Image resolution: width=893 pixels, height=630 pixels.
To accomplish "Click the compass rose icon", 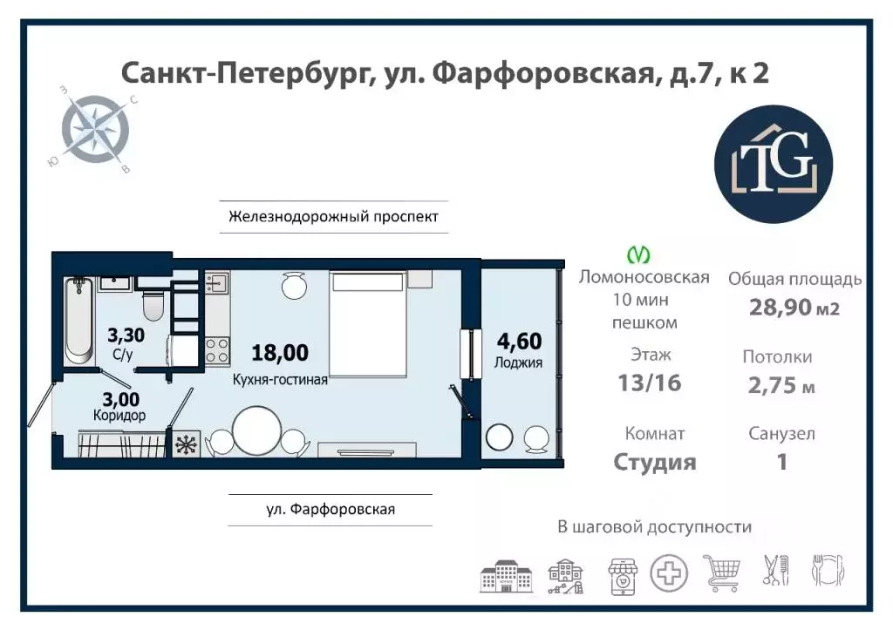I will click(x=94, y=132).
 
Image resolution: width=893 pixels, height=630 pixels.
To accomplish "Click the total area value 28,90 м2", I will click(x=794, y=307).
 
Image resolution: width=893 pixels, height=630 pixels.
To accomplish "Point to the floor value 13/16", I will click(x=650, y=383).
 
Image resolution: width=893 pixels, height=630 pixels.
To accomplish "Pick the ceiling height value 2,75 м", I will click(x=781, y=385).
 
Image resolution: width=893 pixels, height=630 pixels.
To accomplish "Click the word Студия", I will click(x=654, y=461).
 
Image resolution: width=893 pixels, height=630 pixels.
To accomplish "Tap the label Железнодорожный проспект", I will click(x=333, y=216).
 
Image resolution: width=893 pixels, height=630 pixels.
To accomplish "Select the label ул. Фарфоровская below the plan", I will click(x=331, y=509).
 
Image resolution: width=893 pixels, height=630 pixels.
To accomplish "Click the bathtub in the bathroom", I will click(x=78, y=320).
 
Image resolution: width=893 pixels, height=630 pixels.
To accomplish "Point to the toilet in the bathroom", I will click(x=153, y=305).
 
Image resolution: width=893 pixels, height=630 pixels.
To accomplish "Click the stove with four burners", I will click(x=216, y=350).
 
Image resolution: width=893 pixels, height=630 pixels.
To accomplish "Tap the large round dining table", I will click(x=256, y=430).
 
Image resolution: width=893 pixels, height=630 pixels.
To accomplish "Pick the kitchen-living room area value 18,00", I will click(x=279, y=353).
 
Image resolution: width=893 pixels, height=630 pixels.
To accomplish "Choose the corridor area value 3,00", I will click(x=120, y=399).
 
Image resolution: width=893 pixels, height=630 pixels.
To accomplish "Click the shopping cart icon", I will click(x=721, y=573).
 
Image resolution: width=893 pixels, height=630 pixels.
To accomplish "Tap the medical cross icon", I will click(x=669, y=573).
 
